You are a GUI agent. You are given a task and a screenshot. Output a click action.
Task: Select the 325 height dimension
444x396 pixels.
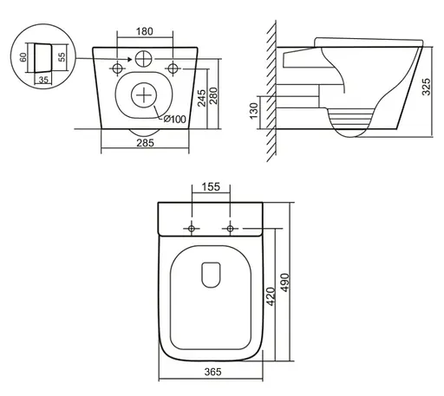[434, 87]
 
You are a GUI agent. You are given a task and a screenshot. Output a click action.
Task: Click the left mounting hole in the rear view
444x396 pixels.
[116, 68]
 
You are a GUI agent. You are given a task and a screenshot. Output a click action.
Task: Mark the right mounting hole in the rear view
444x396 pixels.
[173, 68]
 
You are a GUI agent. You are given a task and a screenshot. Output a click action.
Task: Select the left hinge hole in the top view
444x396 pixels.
[190, 228]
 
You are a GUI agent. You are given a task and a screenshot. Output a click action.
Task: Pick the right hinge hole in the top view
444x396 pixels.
[230, 228]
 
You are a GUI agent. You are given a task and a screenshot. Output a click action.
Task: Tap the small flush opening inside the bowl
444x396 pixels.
[210, 275]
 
